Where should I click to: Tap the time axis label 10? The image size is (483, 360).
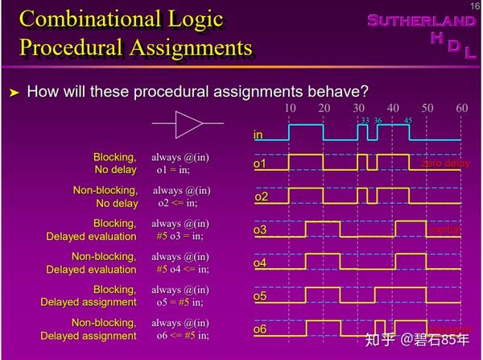click(291, 108)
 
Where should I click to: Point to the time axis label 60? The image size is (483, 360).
click(461, 108)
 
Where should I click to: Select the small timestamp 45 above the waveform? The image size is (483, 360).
click(408, 121)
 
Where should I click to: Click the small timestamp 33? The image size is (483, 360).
click(365, 121)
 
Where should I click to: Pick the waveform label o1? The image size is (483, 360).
click(260, 164)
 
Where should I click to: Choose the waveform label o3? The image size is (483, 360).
click(260, 230)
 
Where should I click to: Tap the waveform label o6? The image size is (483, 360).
click(260, 329)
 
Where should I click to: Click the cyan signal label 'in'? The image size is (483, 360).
click(258, 134)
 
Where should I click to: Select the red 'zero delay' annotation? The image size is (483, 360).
click(445, 164)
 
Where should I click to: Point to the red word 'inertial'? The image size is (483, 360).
click(444, 230)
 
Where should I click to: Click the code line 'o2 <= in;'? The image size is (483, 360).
click(181, 203)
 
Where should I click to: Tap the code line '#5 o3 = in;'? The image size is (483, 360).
click(180, 236)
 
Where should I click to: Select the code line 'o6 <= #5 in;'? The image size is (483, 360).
click(182, 335)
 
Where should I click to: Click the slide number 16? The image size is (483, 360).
click(474, 6)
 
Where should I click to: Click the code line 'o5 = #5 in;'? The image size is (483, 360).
click(180, 302)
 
